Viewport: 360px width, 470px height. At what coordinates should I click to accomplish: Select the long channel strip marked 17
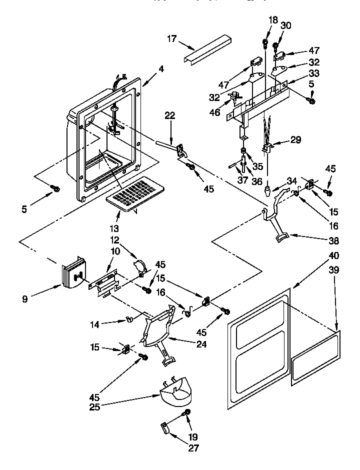click(x=209, y=49)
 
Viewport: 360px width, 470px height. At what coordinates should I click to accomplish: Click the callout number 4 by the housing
click(x=161, y=69)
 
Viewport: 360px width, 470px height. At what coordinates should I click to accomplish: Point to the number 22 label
click(x=170, y=115)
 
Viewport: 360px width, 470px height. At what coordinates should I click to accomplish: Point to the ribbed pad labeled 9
click(x=73, y=273)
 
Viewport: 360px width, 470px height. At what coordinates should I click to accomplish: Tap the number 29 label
click(x=296, y=140)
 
